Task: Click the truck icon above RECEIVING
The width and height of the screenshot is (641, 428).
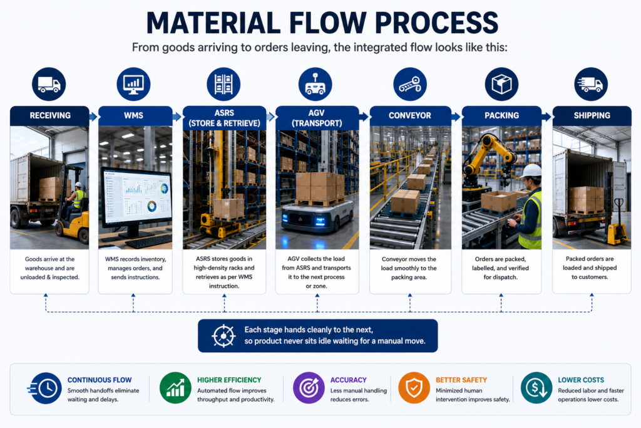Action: click(49, 85)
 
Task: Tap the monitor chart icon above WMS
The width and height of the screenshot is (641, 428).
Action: click(133, 85)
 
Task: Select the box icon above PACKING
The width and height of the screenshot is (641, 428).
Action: click(501, 85)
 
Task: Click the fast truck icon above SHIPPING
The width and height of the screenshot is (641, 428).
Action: click(591, 85)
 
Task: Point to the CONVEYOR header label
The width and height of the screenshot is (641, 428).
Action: click(409, 115)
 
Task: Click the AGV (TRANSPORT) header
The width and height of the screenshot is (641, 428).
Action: click(317, 118)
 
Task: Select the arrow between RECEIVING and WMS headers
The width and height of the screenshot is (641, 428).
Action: click(94, 117)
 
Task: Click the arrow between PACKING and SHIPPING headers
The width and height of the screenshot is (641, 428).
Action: click(546, 117)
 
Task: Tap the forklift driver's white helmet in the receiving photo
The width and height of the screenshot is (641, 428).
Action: click(78, 184)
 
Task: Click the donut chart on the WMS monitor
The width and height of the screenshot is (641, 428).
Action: click(151, 206)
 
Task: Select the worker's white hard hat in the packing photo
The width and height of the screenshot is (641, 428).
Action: click(531, 171)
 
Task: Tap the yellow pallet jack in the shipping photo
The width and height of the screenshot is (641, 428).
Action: click(616, 225)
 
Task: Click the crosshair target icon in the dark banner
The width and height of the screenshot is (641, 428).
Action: click(223, 336)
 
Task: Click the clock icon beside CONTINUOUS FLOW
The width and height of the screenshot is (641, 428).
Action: click(44, 388)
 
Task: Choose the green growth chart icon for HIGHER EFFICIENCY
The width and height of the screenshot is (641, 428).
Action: click(175, 388)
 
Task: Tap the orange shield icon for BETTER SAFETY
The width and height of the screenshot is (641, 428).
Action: click(414, 388)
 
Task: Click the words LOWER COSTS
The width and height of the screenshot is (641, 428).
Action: click(580, 380)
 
